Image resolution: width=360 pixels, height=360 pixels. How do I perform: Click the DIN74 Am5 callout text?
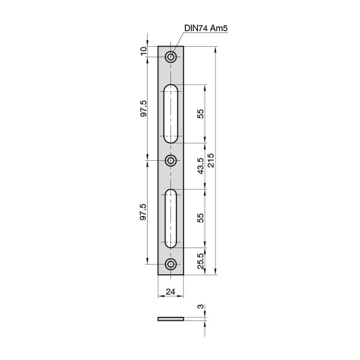click(206, 28)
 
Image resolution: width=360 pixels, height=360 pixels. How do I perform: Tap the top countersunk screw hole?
click(170, 57)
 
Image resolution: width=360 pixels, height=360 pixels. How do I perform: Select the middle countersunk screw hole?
click(170, 160)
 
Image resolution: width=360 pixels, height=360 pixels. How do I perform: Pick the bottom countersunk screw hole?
click(170, 264)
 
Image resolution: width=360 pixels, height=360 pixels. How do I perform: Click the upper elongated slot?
click(170, 113)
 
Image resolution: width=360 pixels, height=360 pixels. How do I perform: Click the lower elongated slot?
click(170, 218)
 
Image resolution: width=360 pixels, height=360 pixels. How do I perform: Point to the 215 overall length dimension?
click(211, 160)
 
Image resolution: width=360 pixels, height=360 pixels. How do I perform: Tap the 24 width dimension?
click(170, 292)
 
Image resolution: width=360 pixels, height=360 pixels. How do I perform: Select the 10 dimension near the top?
click(143, 51)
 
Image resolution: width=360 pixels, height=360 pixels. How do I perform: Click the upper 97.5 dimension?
click(143, 109)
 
